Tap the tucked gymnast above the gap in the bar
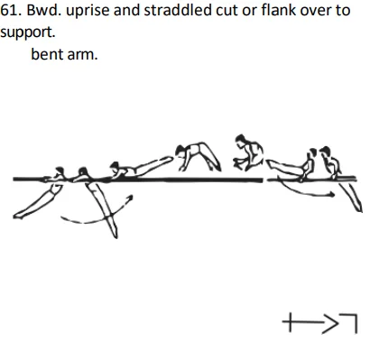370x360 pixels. pyautogui.click(x=245, y=153)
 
